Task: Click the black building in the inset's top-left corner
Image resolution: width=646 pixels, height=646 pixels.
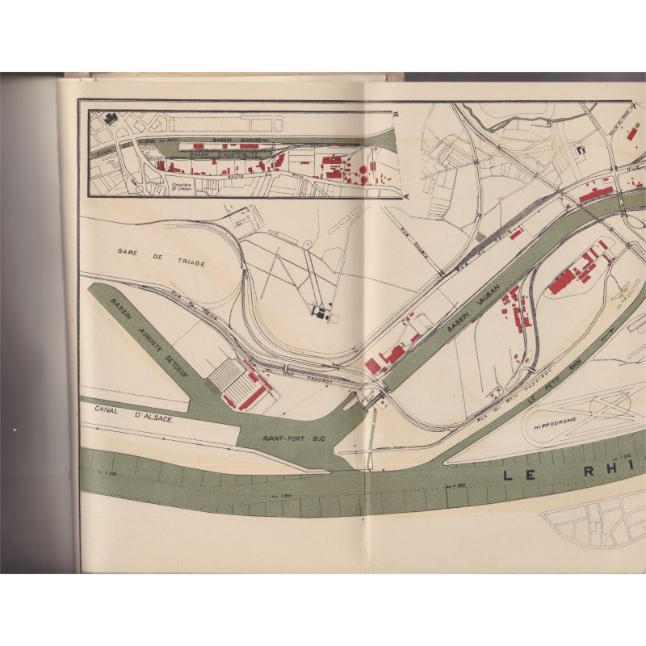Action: coord(110,119)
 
